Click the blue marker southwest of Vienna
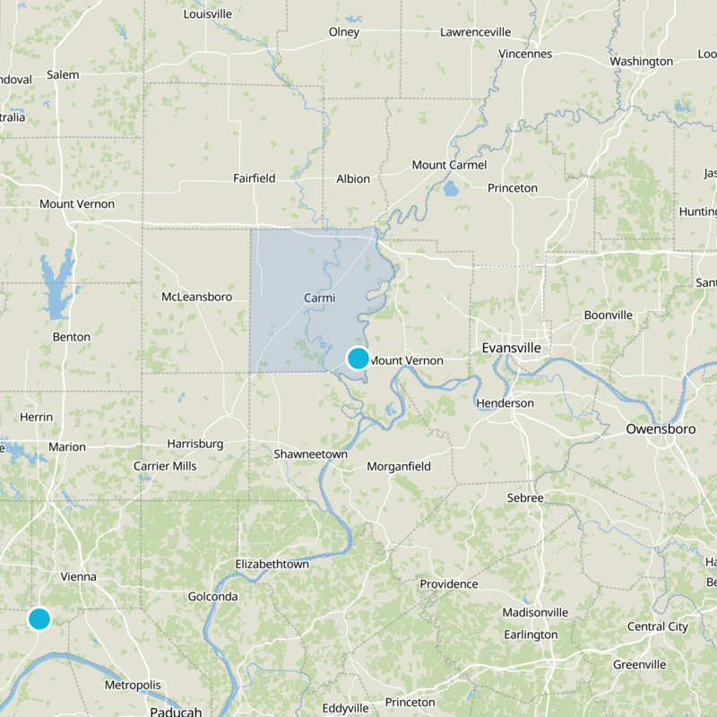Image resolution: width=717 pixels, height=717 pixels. [39, 618]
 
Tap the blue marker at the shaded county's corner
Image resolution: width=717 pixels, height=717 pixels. [358, 358]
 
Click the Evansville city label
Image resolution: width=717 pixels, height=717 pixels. [511, 347]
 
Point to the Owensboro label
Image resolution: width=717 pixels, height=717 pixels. [661, 429]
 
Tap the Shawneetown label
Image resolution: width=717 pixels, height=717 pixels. [310, 454]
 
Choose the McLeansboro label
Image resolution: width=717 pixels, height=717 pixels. [196, 297]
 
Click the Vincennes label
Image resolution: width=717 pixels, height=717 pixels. [525, 54]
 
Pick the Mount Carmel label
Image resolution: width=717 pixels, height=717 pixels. [449, 165]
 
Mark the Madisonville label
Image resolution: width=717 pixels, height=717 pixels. [536, 612]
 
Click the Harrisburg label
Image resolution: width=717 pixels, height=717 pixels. [194, 444]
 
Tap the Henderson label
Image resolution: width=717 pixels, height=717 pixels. [505, 403]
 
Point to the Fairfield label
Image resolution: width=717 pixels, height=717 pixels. [254, 178]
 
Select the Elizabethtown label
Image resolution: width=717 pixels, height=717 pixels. [272, 565]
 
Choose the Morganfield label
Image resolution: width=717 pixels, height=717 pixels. [399, 467]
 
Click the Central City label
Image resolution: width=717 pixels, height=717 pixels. [658, 626]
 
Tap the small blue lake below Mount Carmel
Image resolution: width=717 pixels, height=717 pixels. [450, 190]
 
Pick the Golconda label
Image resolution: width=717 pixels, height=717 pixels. [213, 597]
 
